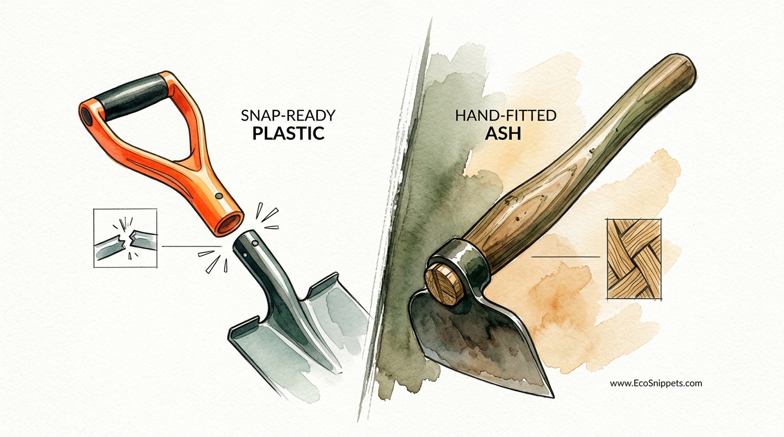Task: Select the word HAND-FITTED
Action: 506,116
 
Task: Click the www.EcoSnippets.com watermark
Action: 656,384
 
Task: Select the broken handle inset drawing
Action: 125,238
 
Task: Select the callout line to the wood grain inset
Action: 565,257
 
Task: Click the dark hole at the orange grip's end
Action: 87,116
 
